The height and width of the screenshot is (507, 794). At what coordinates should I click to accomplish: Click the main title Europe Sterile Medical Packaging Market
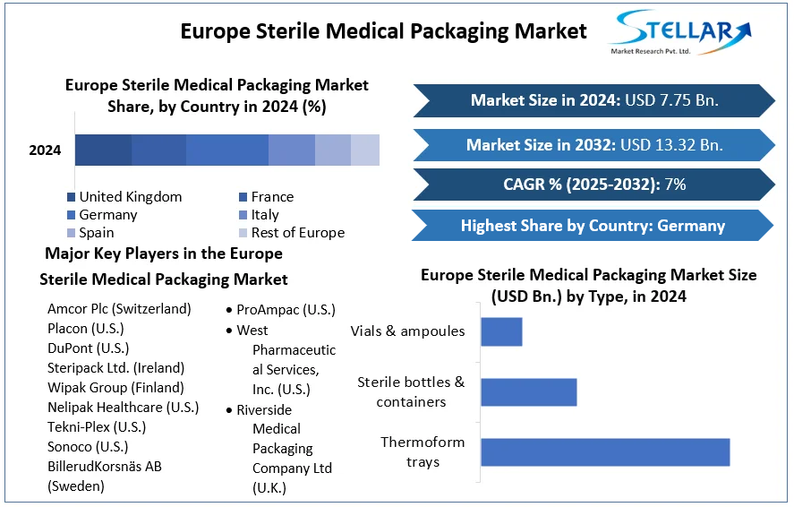coord(383,31)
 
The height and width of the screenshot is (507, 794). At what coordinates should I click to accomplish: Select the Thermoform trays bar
coord(605,451)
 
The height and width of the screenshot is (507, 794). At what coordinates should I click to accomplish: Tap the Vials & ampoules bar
coord(501,331)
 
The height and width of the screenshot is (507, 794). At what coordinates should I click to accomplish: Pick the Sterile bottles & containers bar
coord(528,391)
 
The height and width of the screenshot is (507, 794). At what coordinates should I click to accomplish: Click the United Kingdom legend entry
coord(130,197)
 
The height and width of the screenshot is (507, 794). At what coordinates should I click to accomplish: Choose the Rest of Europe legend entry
coord(297,233)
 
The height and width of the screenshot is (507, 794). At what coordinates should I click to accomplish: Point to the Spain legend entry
coord(96,233)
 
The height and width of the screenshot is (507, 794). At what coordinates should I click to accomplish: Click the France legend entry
coord(272,197)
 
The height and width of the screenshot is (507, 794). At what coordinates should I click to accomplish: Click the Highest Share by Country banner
coord(592,226)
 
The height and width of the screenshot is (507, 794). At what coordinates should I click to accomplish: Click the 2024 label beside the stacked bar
coord(45,150)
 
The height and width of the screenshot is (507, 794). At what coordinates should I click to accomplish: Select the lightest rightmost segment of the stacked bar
coord(365,150)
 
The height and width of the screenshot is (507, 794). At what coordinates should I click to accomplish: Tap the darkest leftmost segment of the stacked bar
coord(103,150)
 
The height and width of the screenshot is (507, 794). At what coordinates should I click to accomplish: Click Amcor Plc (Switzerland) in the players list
coord(119,309)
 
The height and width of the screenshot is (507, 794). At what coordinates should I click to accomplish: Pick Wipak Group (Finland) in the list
coord(115,388)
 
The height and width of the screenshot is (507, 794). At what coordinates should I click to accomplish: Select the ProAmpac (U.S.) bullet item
coord(286,310)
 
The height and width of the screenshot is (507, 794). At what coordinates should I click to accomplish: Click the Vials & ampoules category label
coord(407,331)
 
